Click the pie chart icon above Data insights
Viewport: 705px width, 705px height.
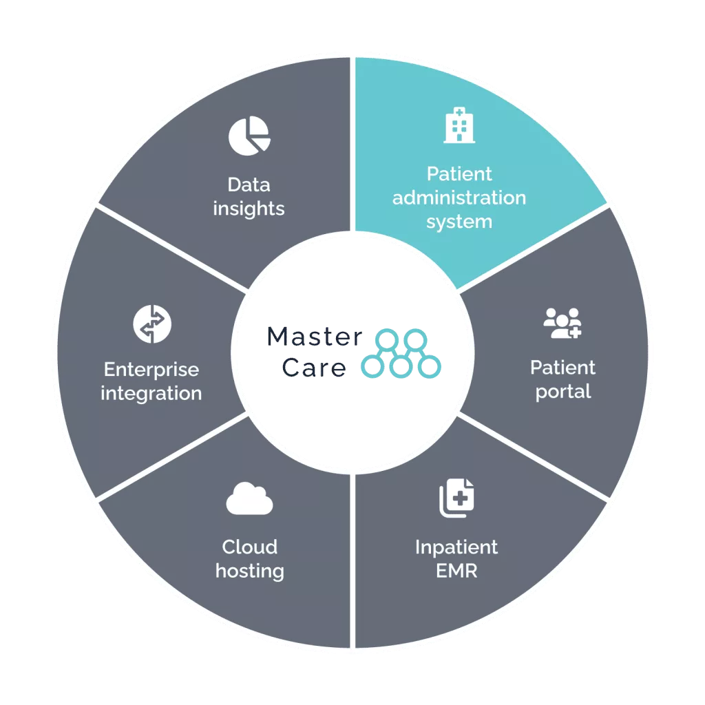point(249,136)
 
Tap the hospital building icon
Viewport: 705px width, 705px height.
point(459,126)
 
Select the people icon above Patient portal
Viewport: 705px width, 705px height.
point(562,323)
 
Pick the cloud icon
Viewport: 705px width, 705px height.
point(249,499)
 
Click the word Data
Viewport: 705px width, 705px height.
point(249,185)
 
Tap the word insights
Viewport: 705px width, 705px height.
point(249,209)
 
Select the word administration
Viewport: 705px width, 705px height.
point(459,198)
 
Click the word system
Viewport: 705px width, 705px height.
point(459,222)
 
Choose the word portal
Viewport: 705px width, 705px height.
point(562,392)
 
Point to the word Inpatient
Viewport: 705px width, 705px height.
point(456,547)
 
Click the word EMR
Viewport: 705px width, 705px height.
point(456,571)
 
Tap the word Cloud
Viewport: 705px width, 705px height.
point(249,547)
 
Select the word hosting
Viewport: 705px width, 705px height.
point(249,571)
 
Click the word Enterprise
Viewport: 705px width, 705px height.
point(151,370)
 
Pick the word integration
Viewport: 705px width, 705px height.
point(151,394)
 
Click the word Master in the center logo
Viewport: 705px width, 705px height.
point(313,337)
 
